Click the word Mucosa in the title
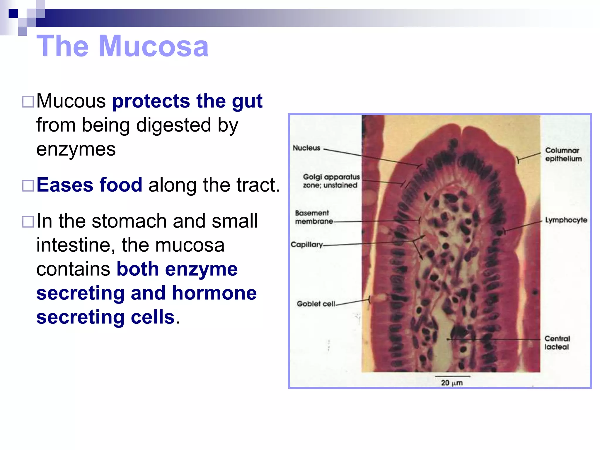click(x=154, y=46)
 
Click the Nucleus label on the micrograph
click(x=306, y=148)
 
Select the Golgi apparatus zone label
click(x=331, y=181)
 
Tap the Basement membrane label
click(x=313, y=217)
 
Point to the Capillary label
click(x=306, y=245)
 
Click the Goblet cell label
click(x=316, y=304)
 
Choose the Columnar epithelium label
click(x=563, y=154)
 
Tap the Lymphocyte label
click(x=566, y=220)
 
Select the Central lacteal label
click(x=557, y=343)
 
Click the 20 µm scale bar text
click(x=452, y=383)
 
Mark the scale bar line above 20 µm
click(x=453, y=376)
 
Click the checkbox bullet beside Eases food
click(x=28, y=186)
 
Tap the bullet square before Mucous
click(x=28, y=102)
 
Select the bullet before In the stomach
click(x=28, y=222)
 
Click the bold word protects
click(x=151, y=101)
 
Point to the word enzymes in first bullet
click(x=76, y=149)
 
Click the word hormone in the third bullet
click(x=214, y=293)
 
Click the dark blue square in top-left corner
click(x=13, y=13)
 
